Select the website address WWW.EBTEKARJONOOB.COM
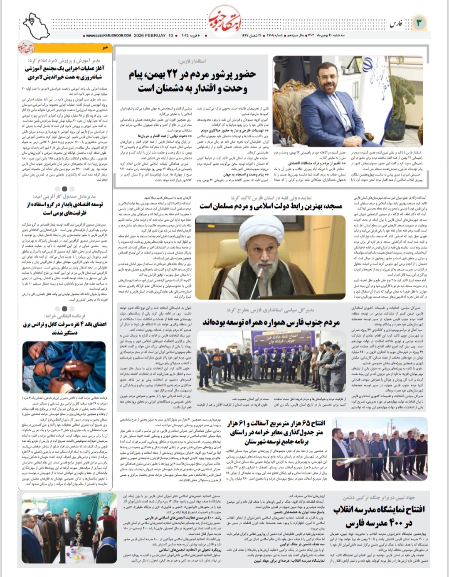[109, 35]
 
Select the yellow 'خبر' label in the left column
[106, 47]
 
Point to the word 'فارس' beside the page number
[397, 24]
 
